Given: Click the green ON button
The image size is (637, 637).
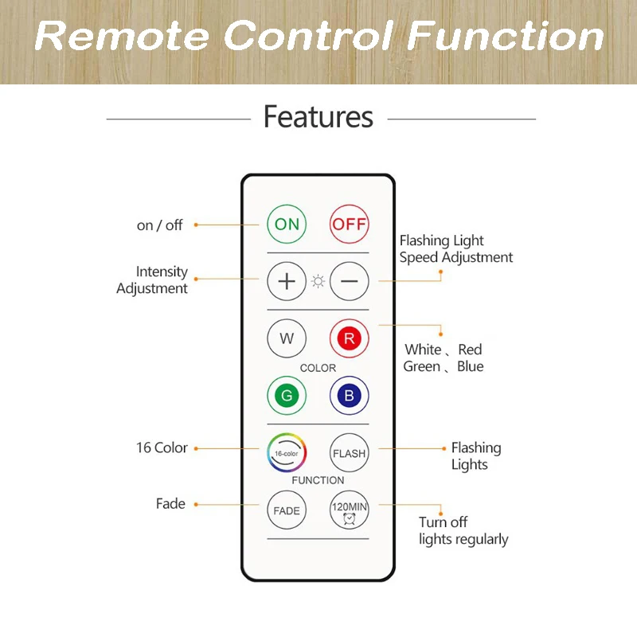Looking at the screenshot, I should (287, 225).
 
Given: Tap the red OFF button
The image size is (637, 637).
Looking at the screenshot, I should (350, 225).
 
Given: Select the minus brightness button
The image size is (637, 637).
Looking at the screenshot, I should (350, 281).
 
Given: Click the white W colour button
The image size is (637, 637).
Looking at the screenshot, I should (287, 338).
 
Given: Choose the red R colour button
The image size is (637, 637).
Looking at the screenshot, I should (350, 338).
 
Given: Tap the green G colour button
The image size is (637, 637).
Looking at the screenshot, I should (287, 395).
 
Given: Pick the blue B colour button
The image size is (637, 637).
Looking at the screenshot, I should (350, 395).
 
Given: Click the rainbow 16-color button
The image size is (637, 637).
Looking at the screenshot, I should (287, 452).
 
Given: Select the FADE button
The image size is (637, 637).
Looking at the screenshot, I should (287, 510).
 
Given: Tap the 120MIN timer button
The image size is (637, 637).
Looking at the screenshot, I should (350, 510).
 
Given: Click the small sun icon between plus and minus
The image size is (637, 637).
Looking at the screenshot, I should (318, 281).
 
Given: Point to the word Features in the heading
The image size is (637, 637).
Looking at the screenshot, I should (318, 117).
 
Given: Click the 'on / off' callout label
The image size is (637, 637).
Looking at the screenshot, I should (159, 225).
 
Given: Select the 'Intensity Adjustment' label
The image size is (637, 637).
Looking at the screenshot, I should (153, 280).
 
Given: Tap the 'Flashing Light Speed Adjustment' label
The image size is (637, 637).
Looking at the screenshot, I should (455, 249).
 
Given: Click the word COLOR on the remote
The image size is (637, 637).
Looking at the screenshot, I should (318, 368).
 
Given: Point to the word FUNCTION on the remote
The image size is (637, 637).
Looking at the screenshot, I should (318, 480).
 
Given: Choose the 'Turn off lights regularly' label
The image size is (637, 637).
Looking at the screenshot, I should (463, 531).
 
